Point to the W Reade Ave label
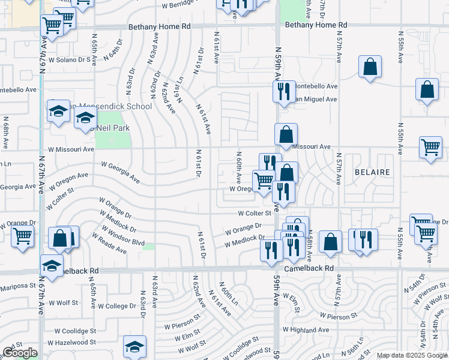pos(109,244)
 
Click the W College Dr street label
pos(117,305)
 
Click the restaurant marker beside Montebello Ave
pos(282,90)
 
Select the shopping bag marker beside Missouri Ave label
pos(286,134)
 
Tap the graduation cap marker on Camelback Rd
pos(52,265)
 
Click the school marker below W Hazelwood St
pos(134,346)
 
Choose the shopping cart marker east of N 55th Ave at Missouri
pos(430,147)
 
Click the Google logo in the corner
pos(20,353)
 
